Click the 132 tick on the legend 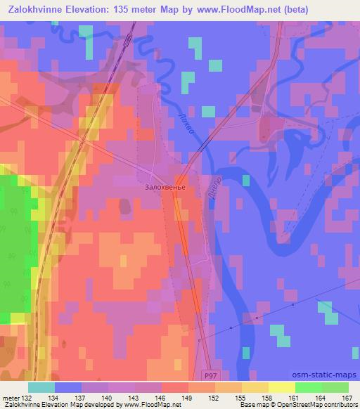pos(28,398)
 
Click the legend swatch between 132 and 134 pos(41,388)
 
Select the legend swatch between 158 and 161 pos(281,388)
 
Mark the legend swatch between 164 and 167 pos(335,388)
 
